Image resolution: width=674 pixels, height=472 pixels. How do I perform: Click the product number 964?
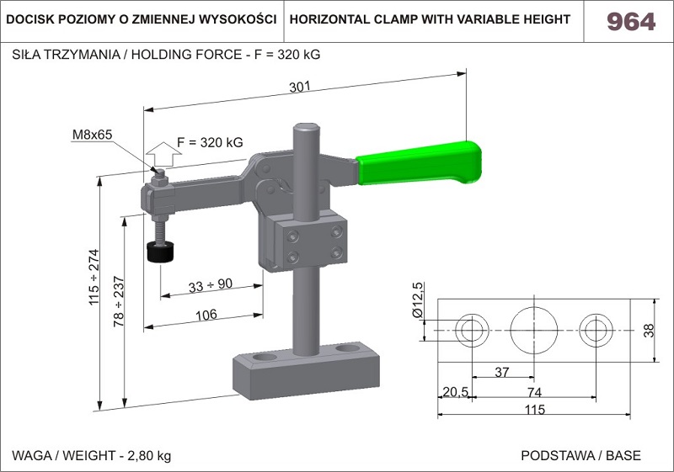click(x=630, y=22)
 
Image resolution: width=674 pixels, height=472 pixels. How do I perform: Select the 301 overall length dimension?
click(x=300, y=87)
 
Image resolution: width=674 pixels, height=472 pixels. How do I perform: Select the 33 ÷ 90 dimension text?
click(x=210, y=284)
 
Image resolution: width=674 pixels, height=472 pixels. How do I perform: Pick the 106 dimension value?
click(x=206, y=314)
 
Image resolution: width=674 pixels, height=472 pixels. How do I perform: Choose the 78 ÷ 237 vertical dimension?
click(x=119, y=301)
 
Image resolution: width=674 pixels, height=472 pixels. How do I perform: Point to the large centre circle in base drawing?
click(x=533, y=329)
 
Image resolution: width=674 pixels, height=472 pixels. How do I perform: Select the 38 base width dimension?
click(x=648, y=330)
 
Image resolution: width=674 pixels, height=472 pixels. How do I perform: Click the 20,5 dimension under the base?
click(x=455, y=392)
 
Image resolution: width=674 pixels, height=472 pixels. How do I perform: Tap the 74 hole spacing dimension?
click(x=533, y=392)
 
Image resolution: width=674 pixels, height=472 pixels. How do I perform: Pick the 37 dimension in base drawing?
click(x=501, y=371)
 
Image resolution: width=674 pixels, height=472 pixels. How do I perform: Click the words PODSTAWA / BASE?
click(x=580, y=456)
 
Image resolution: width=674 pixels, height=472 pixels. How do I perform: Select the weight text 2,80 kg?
click(x=149, y=456)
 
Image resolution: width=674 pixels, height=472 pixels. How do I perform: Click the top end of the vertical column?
click(x=307, y=129)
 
